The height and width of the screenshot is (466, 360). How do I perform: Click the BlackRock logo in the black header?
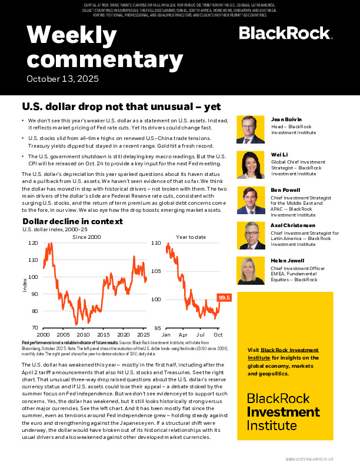coord(285,33)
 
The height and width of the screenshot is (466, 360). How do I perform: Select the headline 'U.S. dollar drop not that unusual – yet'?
coord(121,107)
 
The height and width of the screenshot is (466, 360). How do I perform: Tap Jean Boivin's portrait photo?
coord(252,129)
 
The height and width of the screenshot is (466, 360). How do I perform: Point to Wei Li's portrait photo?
coord(252,165)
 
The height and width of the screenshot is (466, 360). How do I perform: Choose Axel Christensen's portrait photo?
coord(252,235)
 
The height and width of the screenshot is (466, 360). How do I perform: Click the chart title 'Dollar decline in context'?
coord(72,221)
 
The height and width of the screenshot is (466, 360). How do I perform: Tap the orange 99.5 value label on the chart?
coord(224,298)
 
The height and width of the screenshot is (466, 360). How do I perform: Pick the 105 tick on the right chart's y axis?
coord(156,271)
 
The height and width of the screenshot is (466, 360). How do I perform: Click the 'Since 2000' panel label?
coord(86,237)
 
